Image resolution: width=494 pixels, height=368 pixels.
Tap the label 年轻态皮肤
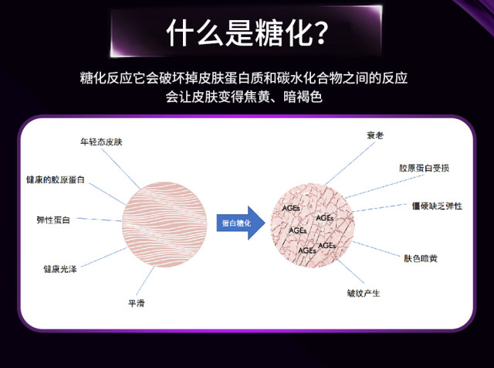pos(102,143)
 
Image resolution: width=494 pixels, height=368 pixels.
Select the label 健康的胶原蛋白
pos(56,179)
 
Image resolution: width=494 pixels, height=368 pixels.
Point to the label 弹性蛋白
pos(53,220)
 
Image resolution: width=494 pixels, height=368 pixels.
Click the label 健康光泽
pos(59,269)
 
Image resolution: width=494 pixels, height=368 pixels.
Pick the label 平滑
pos(137,303)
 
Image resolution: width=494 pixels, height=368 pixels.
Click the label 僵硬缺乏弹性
pos(438,206)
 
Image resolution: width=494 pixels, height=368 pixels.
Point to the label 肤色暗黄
pos(422,258)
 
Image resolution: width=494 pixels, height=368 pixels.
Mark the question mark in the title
pos(317,34)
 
